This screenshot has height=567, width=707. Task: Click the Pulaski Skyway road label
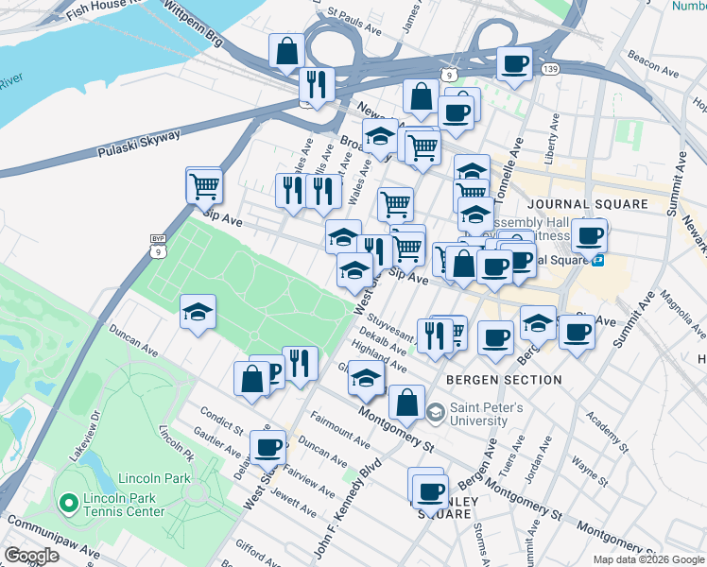pyautogui.click(x=139, y=145)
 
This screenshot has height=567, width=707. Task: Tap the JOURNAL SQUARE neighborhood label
pyautogui.click(x=588, y=204)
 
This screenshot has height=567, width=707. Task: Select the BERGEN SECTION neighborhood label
pyautogui.click(x=504, y=380)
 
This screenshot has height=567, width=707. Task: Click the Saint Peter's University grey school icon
pyautogui.click(x=435, y=411)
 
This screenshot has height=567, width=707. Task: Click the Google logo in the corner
pyautogui.click(x=31, y=556)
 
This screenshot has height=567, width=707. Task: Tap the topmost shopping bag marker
pyautogui.click(x=286, y=52)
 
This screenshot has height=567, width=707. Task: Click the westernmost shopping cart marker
pyautogui.click(x=203, y=185)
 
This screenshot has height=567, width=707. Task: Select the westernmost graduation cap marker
pyautogui.click(x=198, y=312)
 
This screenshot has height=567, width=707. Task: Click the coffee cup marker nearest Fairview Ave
pyautogui.click(x=267, y=447)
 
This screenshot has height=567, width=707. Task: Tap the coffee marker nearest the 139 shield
pyautogui.click(x=514, y=64)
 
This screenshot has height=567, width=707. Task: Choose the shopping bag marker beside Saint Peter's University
pyautogui.click(x=406, y=402)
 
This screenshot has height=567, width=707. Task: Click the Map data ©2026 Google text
pyautogui.click(x=647, y=559)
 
